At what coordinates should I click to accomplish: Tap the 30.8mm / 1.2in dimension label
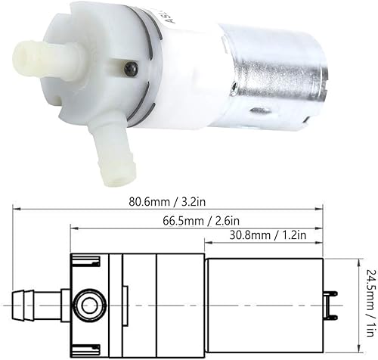pos(268,235)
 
